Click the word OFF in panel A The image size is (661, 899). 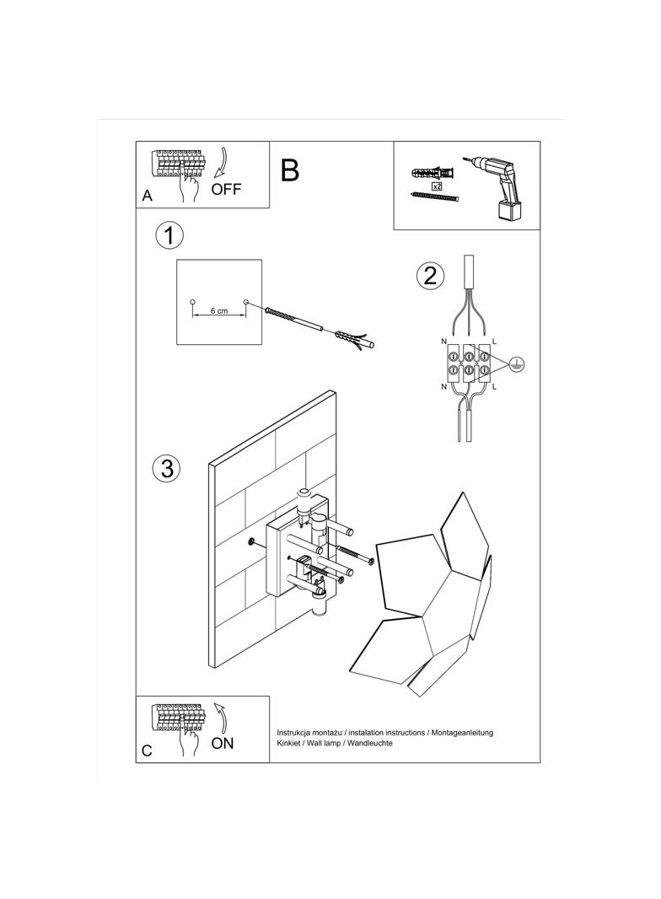[x=226, y=189]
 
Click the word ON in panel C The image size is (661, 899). [x=223, y=743]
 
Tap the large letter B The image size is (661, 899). [x=289, y=170]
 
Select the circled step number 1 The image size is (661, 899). [x=169, y=235]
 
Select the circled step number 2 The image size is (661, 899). [x=430, y=275]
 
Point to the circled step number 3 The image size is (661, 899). [x=167, y=468]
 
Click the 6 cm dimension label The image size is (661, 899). [x=218, y=311]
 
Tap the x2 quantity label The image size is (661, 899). [x=437, y=185]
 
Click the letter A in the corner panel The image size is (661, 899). [x=148, y=196]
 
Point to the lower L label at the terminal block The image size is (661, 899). [x=495, y=386]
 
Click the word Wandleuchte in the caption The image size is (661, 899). [x=368, y=744]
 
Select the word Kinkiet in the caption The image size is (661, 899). [x=290, y=744]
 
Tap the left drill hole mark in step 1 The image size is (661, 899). [x=192, y=302]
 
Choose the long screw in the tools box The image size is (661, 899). [x=434, y=197]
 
